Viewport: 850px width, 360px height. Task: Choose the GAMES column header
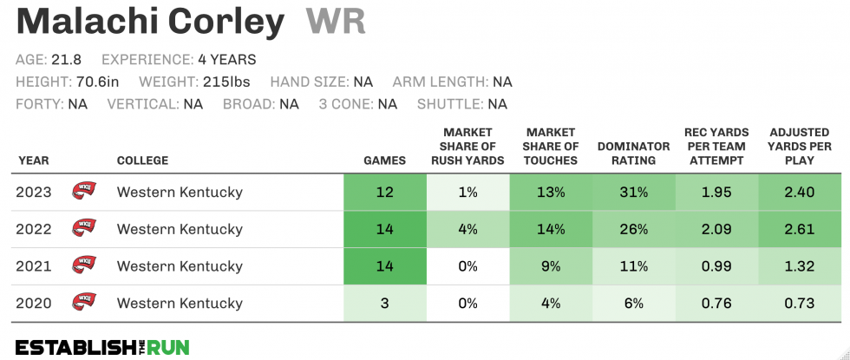pyautogui.click(x=384, y=160)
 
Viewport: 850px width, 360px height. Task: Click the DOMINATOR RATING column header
pyautogui.click(x=634, y=154)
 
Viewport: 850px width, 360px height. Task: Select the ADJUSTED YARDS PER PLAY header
pyautogui.click(x=800, y=146)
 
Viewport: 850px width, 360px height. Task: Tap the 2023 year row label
pyautogui.click(x=34, y=192)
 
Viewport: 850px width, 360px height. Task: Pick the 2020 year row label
pyautogui.click(x=34, y=303)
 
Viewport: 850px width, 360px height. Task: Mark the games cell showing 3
pyautogui.click(x=384, y=303)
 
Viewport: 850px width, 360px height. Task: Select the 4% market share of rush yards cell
pyautogui.click(x=467, y=229)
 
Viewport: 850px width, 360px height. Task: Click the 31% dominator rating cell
pyautogui.click(x=634, y=192)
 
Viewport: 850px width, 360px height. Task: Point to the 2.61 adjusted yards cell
pyautogui.click(x=800, y=229)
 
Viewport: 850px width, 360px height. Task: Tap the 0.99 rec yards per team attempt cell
pyautogui.click(x=716, y=266)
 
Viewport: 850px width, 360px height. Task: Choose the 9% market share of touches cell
pyautogui.click(x=551, y=266)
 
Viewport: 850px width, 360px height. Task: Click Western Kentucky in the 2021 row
pyautogui.click(x=180, y=266)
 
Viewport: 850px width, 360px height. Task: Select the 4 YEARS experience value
pyautogui.click(x=227, y=60)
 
